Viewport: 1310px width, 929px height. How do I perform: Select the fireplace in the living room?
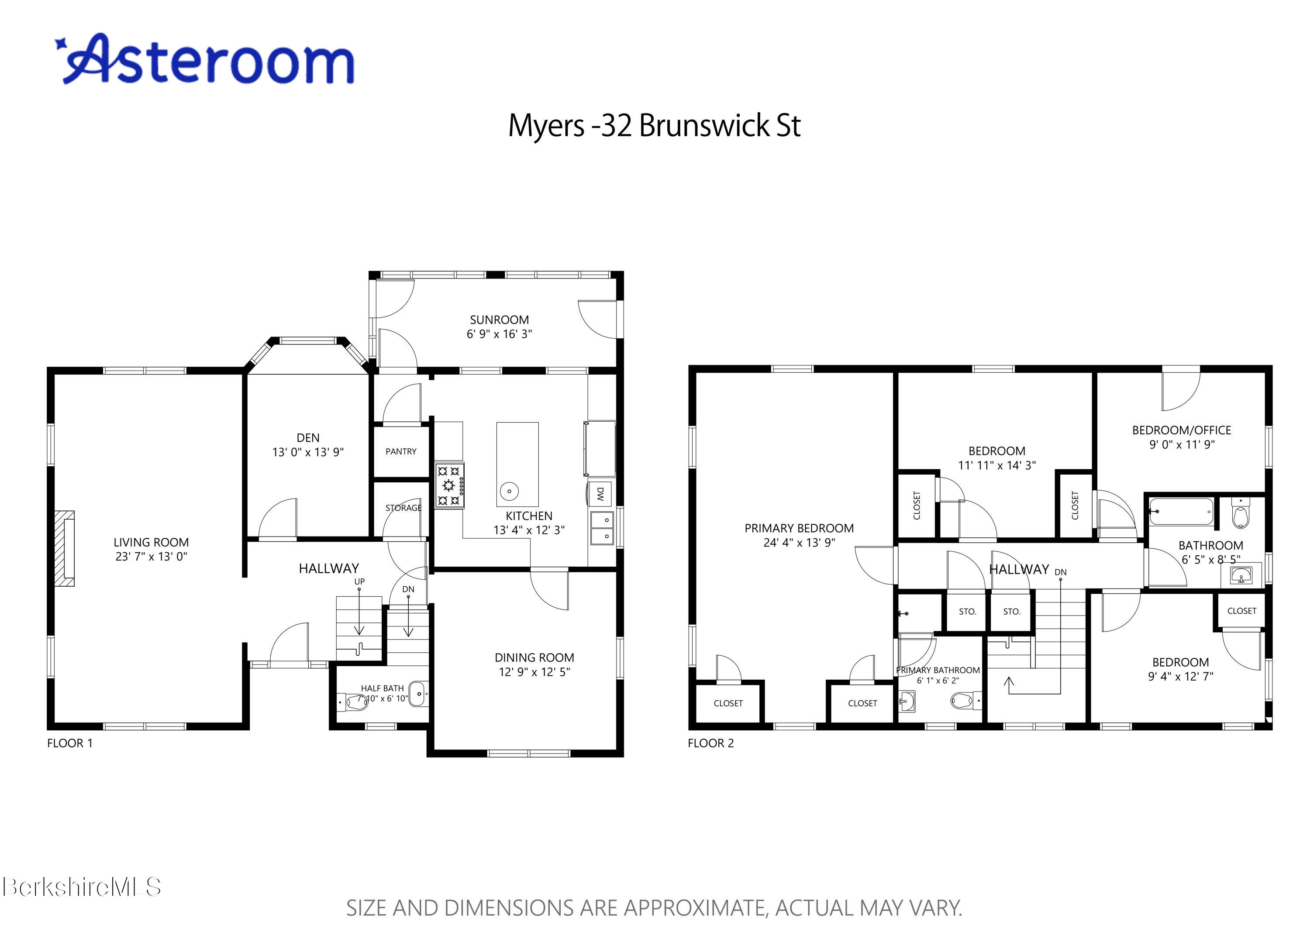pyautogui.click(x=65, y=548)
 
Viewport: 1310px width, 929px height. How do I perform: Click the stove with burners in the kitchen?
pyautogui.click(x=449, y=485)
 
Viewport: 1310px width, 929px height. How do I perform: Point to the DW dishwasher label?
pyautogui.click(x=600, y=493)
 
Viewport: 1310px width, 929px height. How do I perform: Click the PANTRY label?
pyautogui.click(x=400, y=451)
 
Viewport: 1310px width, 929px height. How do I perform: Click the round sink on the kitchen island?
pyautogui.click(x=509, y=491)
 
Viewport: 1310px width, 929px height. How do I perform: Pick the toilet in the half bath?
pyautogui.click(x=356, y=701)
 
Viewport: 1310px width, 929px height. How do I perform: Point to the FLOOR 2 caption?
pyautogui.click(x=710, y=743)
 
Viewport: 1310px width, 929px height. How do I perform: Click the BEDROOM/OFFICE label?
pyautogui.click(x=1181, y=430)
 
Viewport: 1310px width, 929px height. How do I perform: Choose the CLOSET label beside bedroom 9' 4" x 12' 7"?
pyautogui.click(x=1241, y=611)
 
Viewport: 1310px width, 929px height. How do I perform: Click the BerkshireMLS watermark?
pyautogui.click(x=81, y=887)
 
